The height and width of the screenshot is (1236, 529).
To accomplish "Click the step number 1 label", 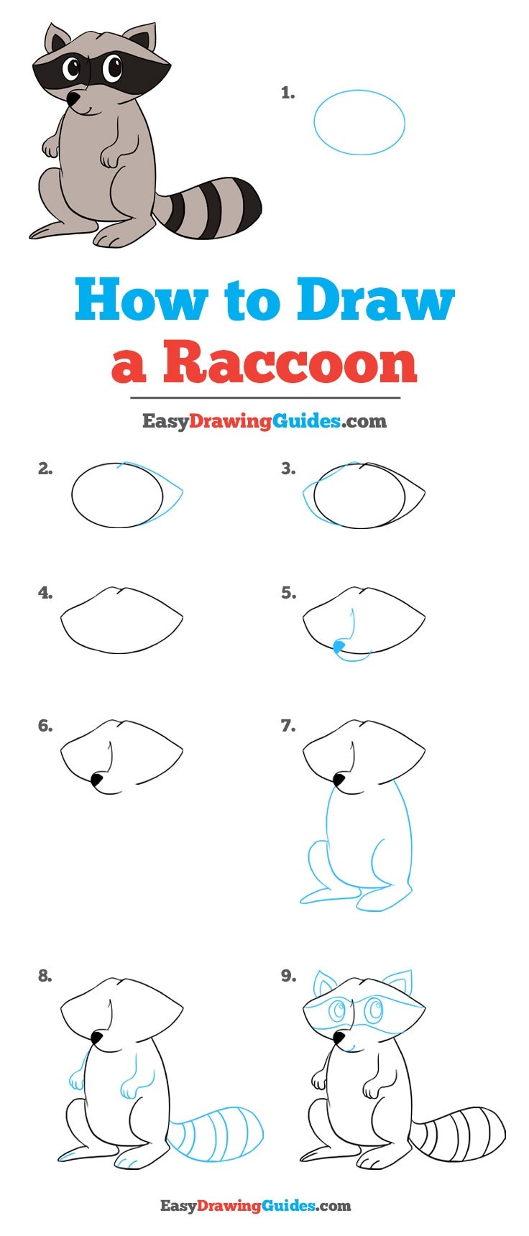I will [x=287, y=93].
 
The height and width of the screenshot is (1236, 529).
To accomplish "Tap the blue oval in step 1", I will [x=359, y=122].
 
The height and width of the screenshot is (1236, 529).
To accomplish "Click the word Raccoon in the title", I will [x=290, y=363].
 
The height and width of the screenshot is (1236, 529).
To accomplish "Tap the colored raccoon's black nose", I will [x=73, y=97].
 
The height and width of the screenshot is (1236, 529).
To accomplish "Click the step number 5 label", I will [x=288, y=593].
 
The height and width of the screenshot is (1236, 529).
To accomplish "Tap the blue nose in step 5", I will [x=339, y=647].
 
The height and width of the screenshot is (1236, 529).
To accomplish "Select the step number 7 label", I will [x=288, y=726].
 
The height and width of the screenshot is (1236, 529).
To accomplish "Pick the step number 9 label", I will [x=288, y=975].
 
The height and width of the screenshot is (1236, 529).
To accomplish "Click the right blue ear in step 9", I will [x=399, y=982].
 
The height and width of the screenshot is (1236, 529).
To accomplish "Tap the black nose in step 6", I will [x=97, y=778].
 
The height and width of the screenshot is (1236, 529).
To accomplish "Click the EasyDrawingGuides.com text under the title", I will [x=264, y=421].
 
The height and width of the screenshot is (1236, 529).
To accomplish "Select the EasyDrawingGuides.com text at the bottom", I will [x=255, y=1205].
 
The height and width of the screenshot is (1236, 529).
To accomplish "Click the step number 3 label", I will [x=288, y=469].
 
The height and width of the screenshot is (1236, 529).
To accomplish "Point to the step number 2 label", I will [x=45, y=469].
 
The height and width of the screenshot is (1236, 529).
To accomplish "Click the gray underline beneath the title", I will [x=265, y=397].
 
